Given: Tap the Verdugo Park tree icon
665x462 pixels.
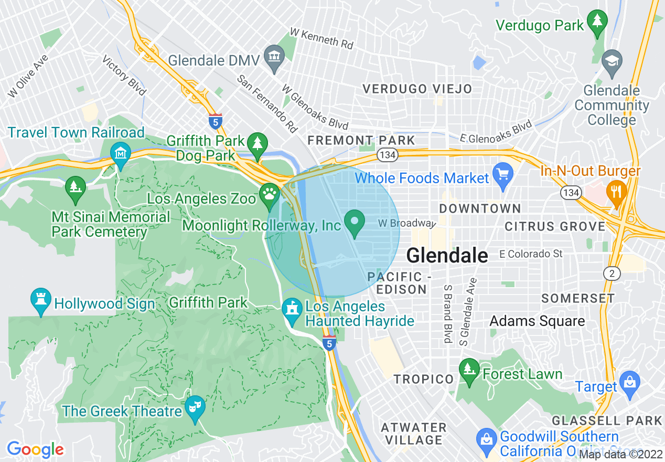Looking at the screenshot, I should [597, 22].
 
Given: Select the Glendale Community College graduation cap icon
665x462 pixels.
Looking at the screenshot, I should [612, 61].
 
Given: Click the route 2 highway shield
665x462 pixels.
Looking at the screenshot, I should [612, 273].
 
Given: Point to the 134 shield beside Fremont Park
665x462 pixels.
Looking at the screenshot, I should [388, 154].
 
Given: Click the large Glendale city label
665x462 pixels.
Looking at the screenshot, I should [447, 256].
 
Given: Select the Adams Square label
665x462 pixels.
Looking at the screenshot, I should [537, 321].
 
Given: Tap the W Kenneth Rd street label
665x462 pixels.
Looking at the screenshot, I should [321, 38].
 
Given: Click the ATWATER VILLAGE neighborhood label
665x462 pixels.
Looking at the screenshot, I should [414, 433].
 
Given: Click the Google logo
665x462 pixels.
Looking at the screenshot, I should [35, 449].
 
